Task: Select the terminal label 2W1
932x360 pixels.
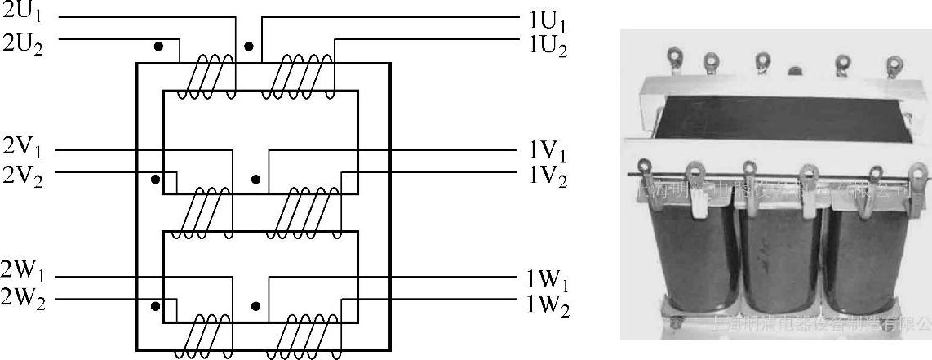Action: point(24,271)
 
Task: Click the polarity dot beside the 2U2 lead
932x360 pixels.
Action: point(159,47)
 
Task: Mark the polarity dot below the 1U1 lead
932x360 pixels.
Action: point(250,47)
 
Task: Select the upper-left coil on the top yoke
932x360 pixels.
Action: point(206,78)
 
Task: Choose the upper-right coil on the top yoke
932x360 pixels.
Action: point(298,78)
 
